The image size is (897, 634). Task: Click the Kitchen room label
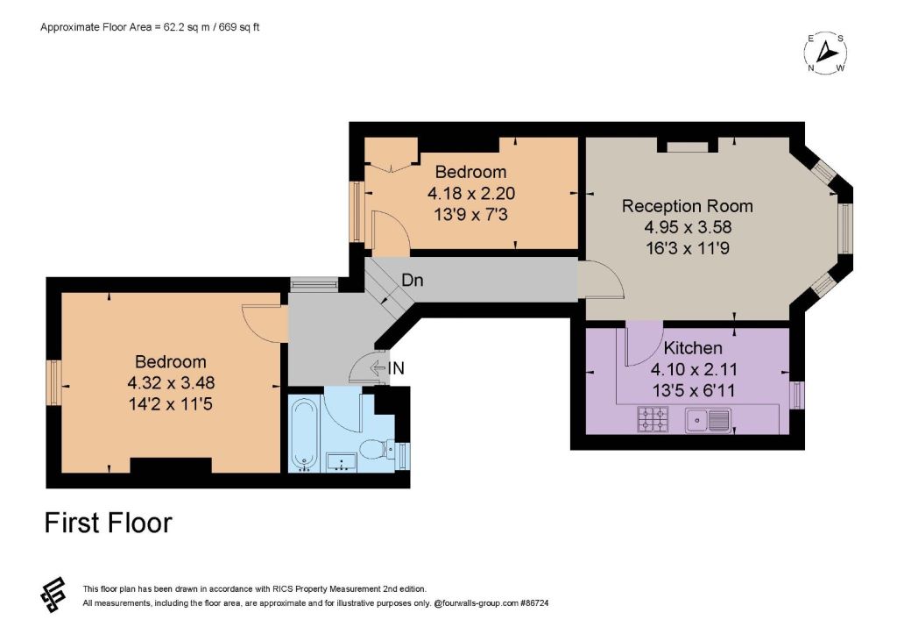[x=692, y=347]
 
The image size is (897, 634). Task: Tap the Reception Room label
[x=687, y=206]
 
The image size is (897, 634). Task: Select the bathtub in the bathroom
[x=304, y=435]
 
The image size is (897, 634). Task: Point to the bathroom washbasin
[x=342, y=461]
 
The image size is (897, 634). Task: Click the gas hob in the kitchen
[x=653, y=418]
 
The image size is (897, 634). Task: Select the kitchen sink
[x=708, y=420]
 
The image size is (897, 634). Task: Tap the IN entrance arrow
[x=378, y=368]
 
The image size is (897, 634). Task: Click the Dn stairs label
[x=412, y=280]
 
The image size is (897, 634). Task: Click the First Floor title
[x=108, y=523]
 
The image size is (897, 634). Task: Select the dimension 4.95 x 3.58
[x=688, y=227]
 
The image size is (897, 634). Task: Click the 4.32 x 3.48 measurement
[x=171, y=382]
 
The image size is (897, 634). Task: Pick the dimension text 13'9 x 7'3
[x=470, y=215]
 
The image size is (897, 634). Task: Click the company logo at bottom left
[x=53, y=595]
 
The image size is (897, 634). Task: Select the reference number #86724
[x=535, y=603]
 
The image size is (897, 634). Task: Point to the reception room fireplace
[x=687, y=146]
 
